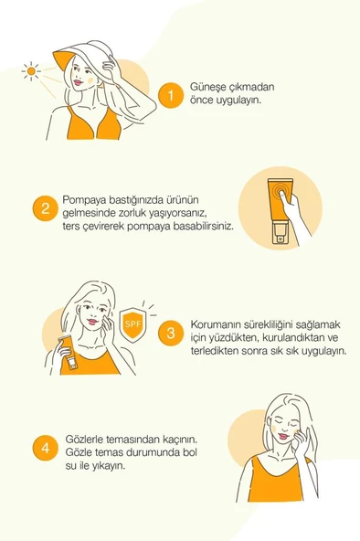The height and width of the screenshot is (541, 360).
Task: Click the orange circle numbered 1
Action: click(169, 94)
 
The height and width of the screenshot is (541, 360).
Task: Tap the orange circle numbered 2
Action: click(43, 209)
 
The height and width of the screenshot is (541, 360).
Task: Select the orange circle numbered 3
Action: click(169, 333)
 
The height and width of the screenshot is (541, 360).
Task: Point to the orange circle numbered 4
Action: click(43, 448)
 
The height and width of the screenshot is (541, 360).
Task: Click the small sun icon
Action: click(31, 70)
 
